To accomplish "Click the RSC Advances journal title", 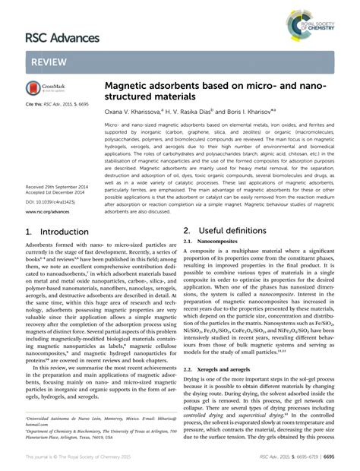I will (x=63, y=37).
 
